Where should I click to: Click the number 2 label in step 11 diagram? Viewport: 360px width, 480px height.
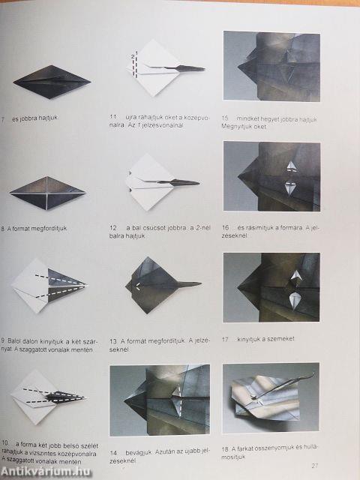tap(132, 56)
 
